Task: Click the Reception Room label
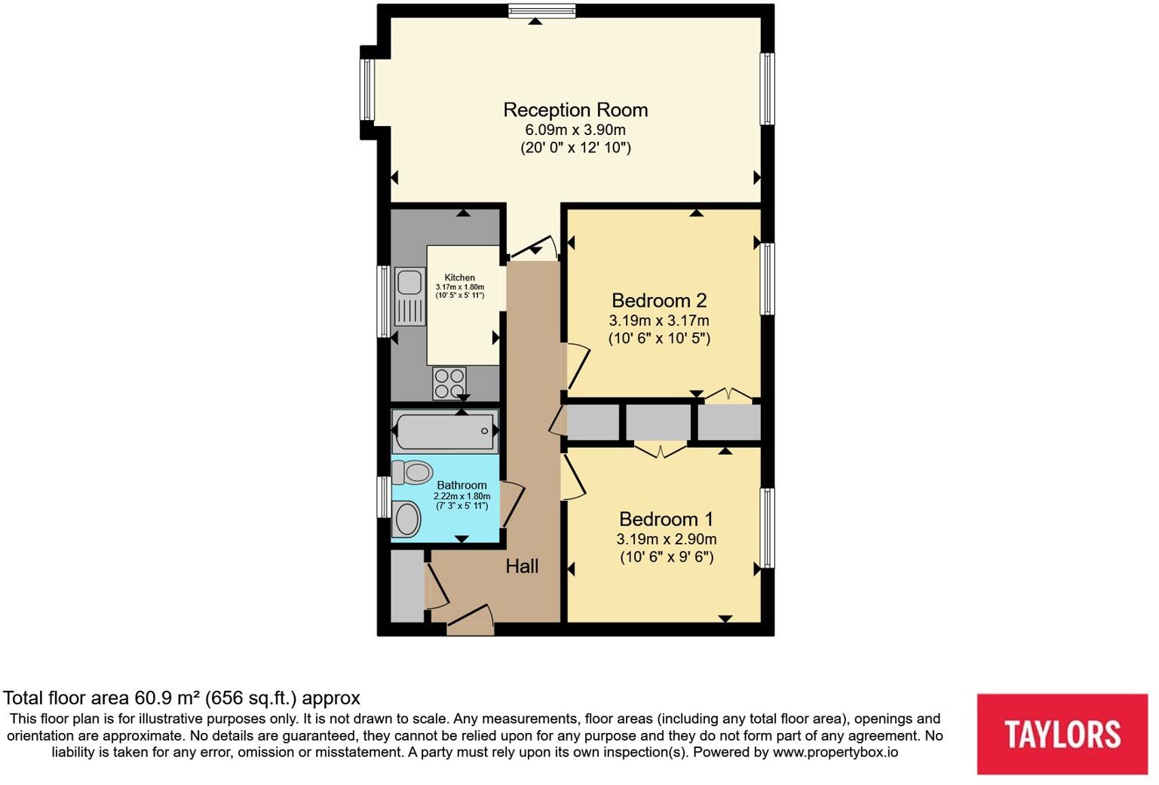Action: pyautogui.click(x=575, y=110)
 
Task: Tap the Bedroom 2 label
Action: pyautogui.click(x=658, y=301)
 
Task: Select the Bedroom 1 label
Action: pyautogui.click(x=666, y=520)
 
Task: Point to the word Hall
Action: pyautogui.click(x=522, y=566)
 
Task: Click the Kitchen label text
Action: pyautogui.click(x=459, y=278)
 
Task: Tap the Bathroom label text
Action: pyautogui.click(x=461, y=486)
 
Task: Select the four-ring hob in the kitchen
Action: pyautogui.click(x=449, y=382)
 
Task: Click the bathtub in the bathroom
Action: pyautogui.click(x=443, y=431)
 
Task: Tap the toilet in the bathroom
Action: pyautogui.click(x=412, y=473)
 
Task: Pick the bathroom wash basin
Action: pyautogui.click(x=407, y=520)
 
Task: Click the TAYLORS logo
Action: pyautogui.click(x=1062, y=734)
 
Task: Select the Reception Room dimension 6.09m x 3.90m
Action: pyautogui.click(x=575, y=130)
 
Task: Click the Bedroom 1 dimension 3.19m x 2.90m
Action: pyautogui.click(x=666, y=539)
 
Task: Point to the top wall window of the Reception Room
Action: pyautogui.click(x=541, y=11)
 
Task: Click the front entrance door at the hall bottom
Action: pyautogui.click(x=470, y=620)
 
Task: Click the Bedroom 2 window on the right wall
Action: pyautogui.click(x=767, y=278)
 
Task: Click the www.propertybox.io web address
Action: pyautogui.click(x=835, y=752)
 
